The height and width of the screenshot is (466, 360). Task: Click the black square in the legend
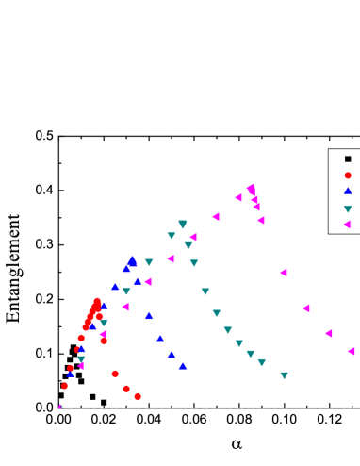pyautogui.click(x=348, y=158)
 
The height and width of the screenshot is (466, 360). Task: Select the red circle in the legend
pyautogui.click(x=348, y=175)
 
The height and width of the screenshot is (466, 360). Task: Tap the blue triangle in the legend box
pyautogui.click(x=348, y=191)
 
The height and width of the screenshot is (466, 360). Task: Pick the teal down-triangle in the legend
pyautogui.click(x=348, y=208)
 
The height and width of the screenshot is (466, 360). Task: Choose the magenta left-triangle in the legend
pyautogui.click(x=348, y=225)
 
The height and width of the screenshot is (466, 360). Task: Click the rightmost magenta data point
pyautogui.click(x=351, y=351)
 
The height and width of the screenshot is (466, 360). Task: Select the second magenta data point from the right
pyautogui.click(x=328, y=333)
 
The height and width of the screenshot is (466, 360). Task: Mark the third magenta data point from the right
pyautogui.click(x=305, y=308)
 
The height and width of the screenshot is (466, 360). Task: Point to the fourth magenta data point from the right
pyautogui.click(x=283, y=273)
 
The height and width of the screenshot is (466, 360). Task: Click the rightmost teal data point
pyautogui.click(x=284, y=375)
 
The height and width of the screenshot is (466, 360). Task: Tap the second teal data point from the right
pyautogui.click(x=261, y=362)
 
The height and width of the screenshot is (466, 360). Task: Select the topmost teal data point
pyautogui.click(x=182, y=225)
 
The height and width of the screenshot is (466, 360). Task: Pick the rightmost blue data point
pyautogui.click(x=183, y=365)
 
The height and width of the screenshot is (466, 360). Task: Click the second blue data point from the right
pyautogui.click(x=172, y=354)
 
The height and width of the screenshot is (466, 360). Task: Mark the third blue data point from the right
pyautogui.click(x=160, y=339)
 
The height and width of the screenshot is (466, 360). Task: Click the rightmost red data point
pyautogui.click(x=138, y=396)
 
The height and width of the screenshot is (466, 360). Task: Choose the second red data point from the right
pyautogui.click(x=126, y=389)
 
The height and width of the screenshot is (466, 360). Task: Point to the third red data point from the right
pyautogui.click(x=115, y=374)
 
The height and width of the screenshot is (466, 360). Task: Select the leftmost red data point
pyautogui.click(x=65, y=386)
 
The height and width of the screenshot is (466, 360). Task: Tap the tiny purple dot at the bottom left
pyautogui.click(x=60, y=406)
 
